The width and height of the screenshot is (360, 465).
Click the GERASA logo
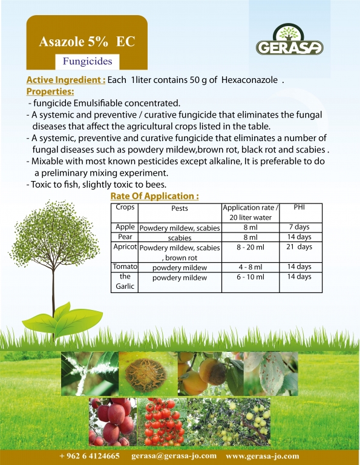(289, 39)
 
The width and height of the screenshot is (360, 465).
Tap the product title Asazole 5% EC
(87, 42)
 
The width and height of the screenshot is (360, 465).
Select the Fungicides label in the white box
(87, 61)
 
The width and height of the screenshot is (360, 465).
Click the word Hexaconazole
(249, 80)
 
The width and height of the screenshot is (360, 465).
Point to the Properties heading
(50, 91)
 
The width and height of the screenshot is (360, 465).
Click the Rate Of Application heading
(154, 196)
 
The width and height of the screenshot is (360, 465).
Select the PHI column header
(299, 207)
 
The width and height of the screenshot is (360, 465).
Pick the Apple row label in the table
(125, 227)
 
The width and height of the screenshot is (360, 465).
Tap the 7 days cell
(299, 227)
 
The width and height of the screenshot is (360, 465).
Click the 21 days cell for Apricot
(299, 247)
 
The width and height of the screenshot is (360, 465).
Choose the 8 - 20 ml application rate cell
(250, 247)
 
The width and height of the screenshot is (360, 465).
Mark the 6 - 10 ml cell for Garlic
(250, 277)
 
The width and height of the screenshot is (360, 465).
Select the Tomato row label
(125, 266)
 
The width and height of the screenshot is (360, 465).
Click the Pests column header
(180, 208)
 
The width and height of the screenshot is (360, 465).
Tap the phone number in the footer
(90, 456)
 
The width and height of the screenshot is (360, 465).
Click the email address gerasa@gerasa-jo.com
(174, 456)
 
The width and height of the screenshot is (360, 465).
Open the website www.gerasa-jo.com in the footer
(263, 456)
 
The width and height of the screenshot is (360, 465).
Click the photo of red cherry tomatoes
(162, 421)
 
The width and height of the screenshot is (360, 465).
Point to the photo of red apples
(113, 421)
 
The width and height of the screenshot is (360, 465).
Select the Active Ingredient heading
(66, 80)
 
